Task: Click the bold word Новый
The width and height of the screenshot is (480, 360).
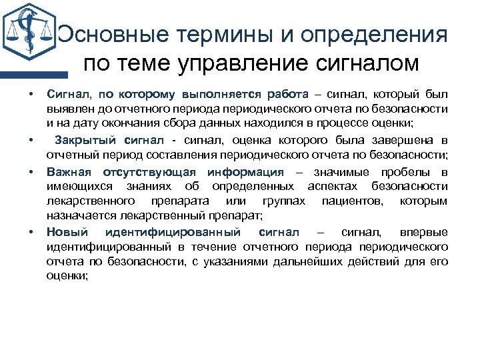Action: [x=65, y=231]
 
